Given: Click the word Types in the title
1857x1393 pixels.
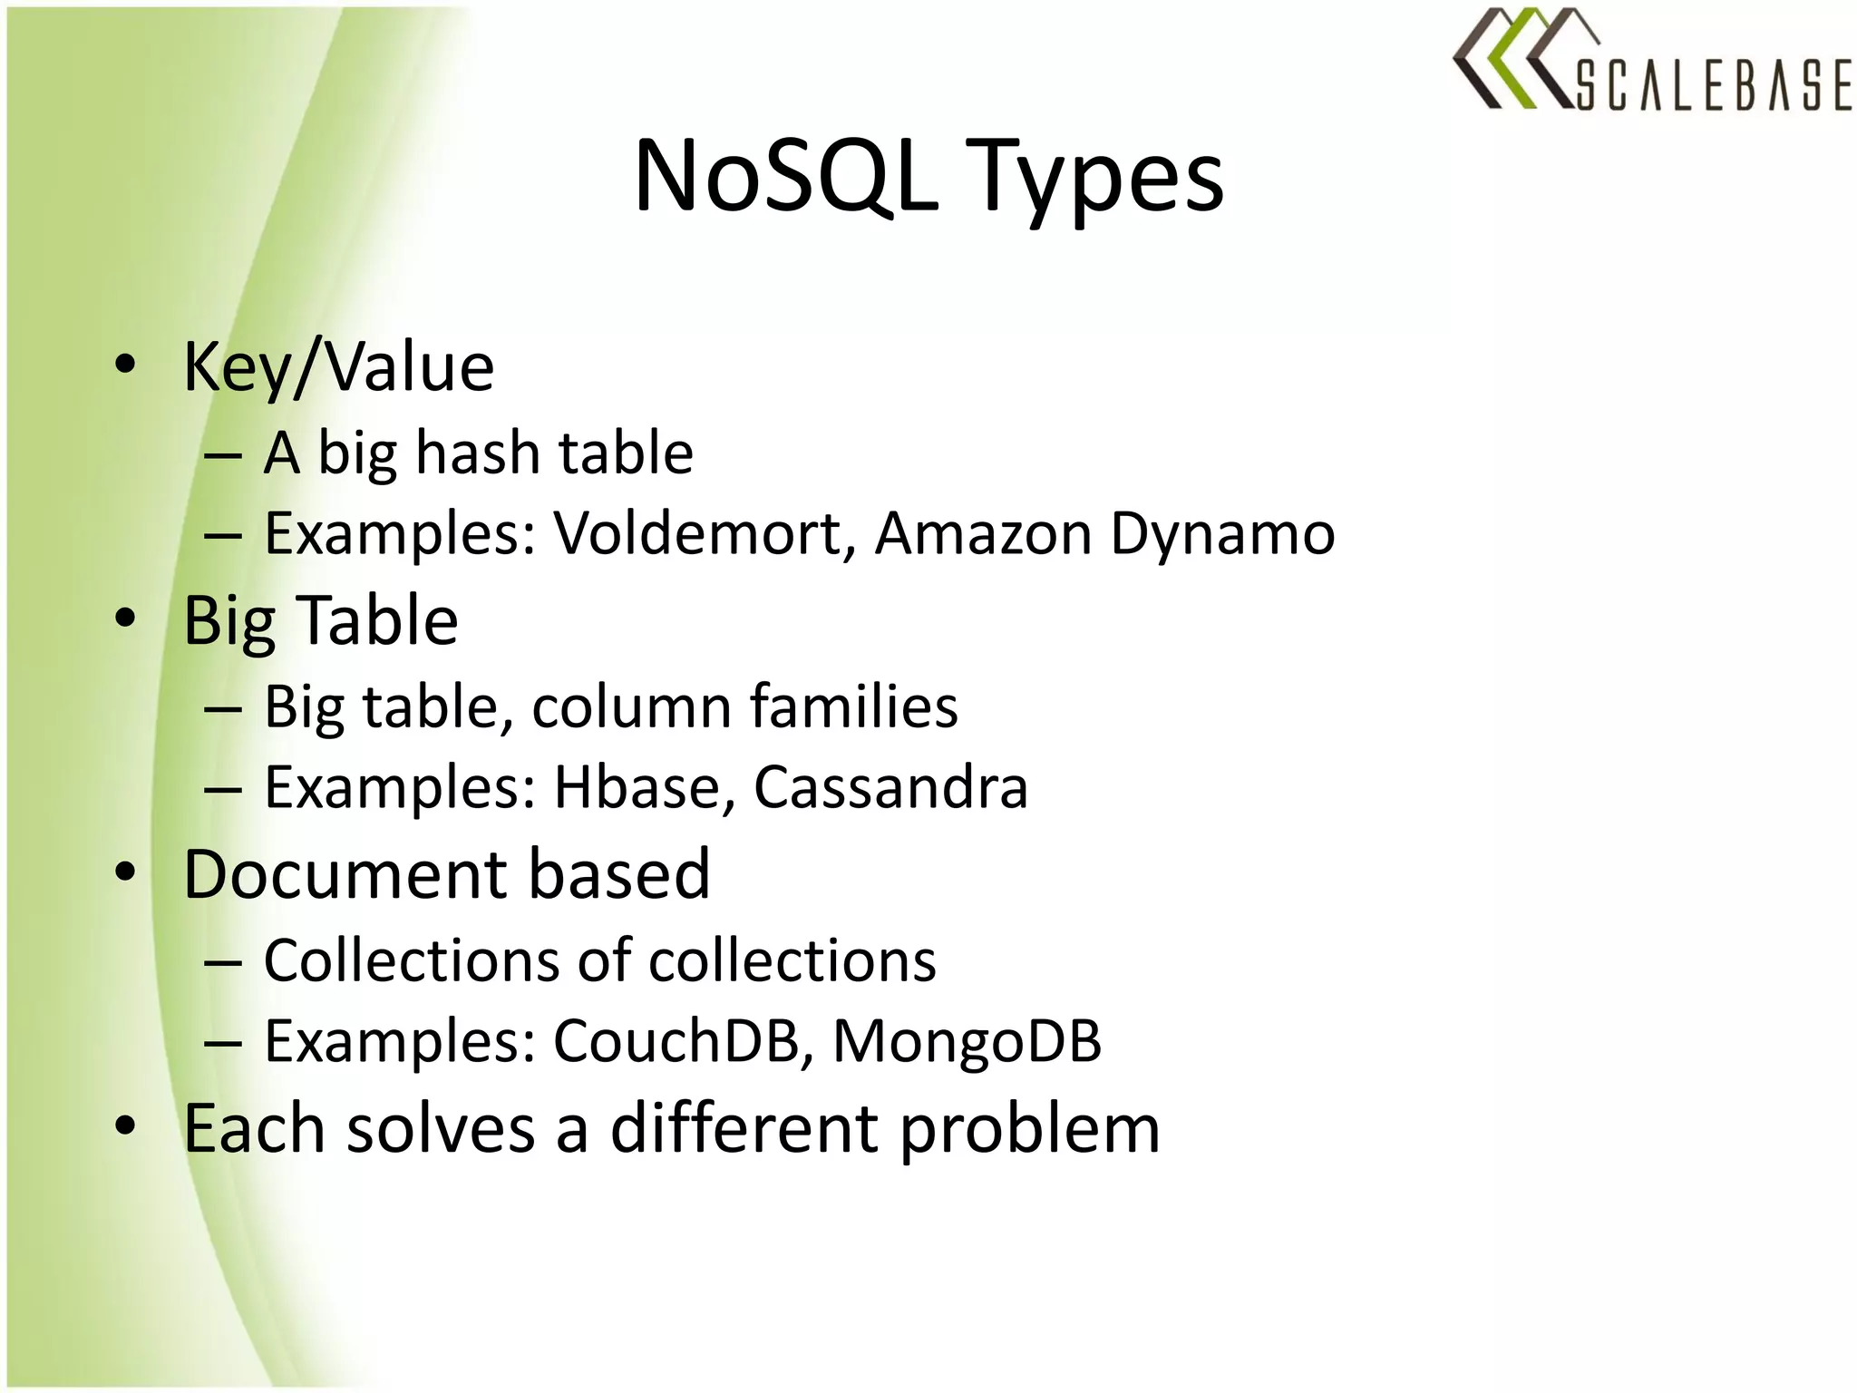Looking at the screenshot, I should (1099, 180).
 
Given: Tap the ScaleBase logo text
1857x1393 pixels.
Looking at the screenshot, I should (1714, 85).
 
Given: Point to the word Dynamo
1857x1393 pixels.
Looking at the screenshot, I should (1222, 535).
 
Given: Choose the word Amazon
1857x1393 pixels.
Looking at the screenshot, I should (983, 533).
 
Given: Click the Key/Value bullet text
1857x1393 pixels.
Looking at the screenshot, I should (338, 367).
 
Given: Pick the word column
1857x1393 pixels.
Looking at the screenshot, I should (631, 706).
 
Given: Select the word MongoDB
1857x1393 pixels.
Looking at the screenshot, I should (967, 1042).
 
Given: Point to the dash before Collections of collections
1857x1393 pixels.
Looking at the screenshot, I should (223, 964).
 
